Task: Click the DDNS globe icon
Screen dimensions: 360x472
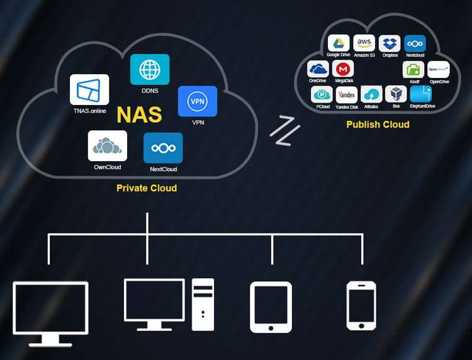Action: pos(150,69)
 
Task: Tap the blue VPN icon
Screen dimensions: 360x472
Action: pos(198,101)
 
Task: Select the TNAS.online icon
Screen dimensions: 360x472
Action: pos(89,90)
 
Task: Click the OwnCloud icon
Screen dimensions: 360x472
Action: pos(108,146)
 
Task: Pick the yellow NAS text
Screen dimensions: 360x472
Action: pos(139,115)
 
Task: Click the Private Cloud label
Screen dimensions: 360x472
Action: pos(147,188)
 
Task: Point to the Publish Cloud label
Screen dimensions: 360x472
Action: pos(378,125)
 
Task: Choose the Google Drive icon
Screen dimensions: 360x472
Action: pos(339,43)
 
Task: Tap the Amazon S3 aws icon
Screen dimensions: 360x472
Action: pos(364,43)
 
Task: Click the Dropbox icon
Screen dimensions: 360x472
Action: pos(390,43)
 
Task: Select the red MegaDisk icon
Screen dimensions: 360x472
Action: pos(344,69)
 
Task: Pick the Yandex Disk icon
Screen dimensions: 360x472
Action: pos(347,94)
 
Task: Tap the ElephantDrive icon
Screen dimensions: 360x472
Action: pos(421,94)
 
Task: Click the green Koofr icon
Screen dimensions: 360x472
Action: pos(413,69)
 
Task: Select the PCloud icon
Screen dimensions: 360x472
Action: pos(322,94)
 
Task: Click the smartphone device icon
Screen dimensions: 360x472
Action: pos(361,306)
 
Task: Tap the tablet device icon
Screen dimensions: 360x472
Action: pos(271,307)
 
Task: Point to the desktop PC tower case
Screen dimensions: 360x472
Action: pos(203,305)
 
